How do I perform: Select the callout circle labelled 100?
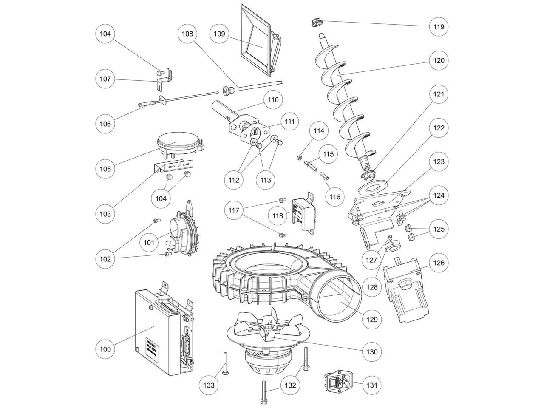105,349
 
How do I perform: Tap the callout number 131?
372,385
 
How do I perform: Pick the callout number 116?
335,197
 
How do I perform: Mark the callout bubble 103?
105,214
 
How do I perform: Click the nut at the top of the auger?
316,22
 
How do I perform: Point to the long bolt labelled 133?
224,363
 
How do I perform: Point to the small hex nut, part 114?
299,159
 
